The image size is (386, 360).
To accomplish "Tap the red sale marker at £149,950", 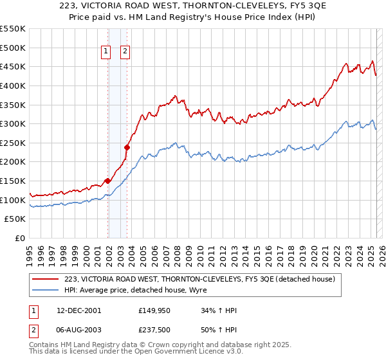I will pyautogui.click(x=107, y=181).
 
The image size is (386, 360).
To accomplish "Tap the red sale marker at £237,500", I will pyautogui.click(x=127, y=148).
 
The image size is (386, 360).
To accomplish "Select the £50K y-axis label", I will pyautogui.click(x=15, y=219).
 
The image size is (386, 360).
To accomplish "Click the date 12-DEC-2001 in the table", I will pyautogui.click(x=79, y=310).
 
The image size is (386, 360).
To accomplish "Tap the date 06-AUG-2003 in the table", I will pyautogui.click(x=79, y=331).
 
